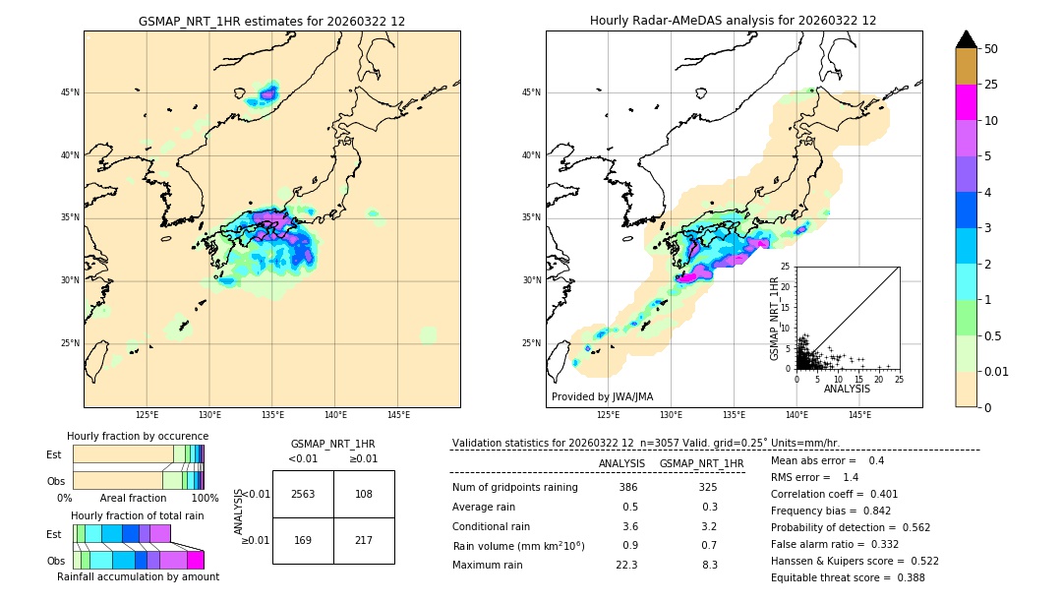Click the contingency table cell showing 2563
point(303,494)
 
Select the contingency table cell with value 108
point(364,494)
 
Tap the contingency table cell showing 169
point(303,540)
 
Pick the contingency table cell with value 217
point(364,540)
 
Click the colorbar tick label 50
point(992,48)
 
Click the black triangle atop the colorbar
point(967,39)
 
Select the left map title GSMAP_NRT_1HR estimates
point(271,21)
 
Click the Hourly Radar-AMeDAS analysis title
point(734,21)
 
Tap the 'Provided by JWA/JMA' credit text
point(602,396)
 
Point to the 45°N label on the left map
point(70,92)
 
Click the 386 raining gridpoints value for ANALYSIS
point(628,487)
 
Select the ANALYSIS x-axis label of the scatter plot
point(847,389)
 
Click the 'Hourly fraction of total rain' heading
point(138,516)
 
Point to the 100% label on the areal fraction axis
point(204,499)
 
